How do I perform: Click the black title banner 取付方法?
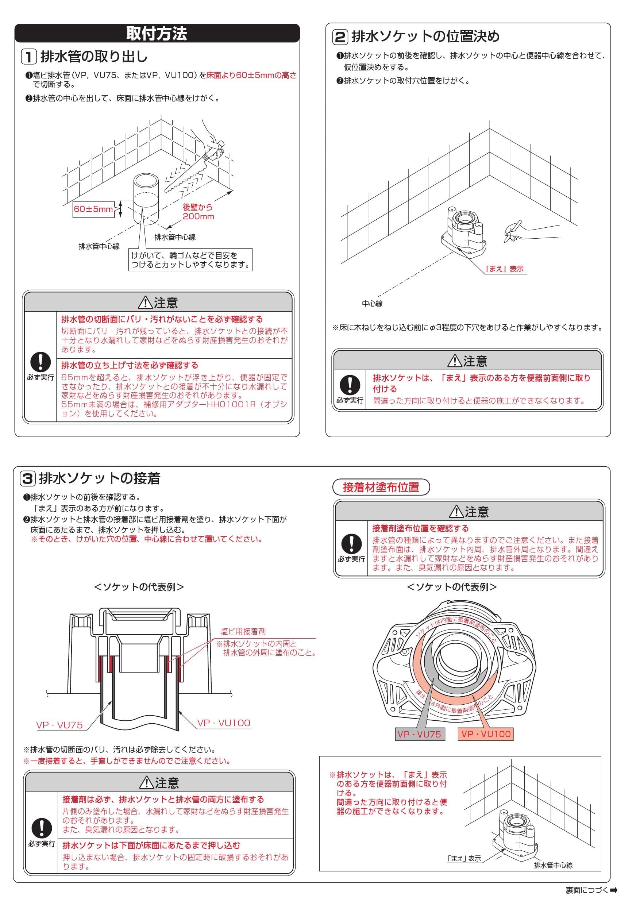coord(157,34)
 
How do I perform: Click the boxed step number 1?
coord(29,57)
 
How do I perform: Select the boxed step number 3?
coord(28,478)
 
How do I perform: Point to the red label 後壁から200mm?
coord(198,212)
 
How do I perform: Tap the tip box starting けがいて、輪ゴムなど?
coord(190,260)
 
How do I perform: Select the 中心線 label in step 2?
coord(372,304)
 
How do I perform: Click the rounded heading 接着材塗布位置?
coord(381,487)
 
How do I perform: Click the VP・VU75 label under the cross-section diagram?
coord(59,725)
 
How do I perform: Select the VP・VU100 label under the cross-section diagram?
coord(223,723)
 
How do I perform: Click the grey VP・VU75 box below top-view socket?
coord(419,734)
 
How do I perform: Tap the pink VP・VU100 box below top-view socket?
coord(486,734)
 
